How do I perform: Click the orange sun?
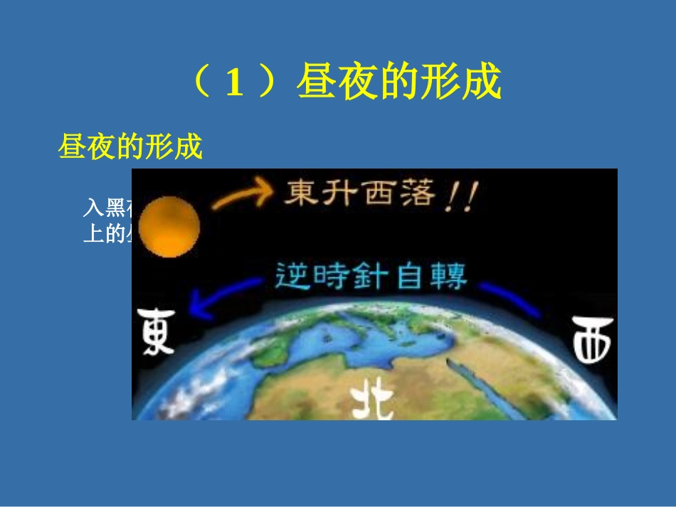point(169,228)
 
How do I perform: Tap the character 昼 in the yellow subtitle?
point(72,146)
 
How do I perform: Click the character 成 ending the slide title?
point(482,84)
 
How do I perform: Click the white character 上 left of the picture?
point(94,234)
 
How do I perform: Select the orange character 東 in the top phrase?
point(301,192)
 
